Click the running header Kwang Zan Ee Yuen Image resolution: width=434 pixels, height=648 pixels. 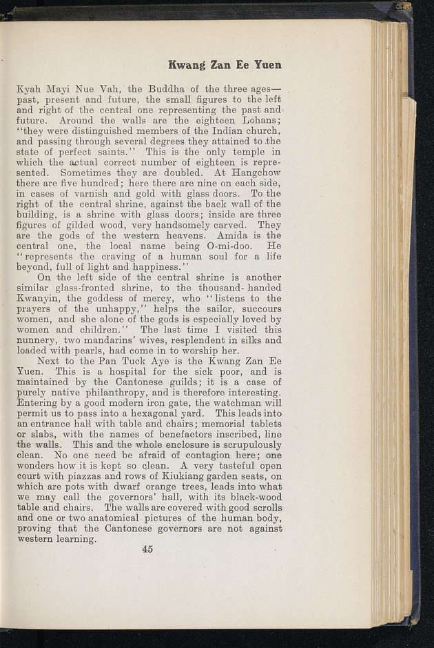pyautogui.click(x=225, y=65)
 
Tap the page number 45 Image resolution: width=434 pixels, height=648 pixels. pyautogui.click(x=147, y=549)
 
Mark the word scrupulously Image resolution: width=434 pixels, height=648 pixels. pyautogui.click(x=240, y=445)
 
